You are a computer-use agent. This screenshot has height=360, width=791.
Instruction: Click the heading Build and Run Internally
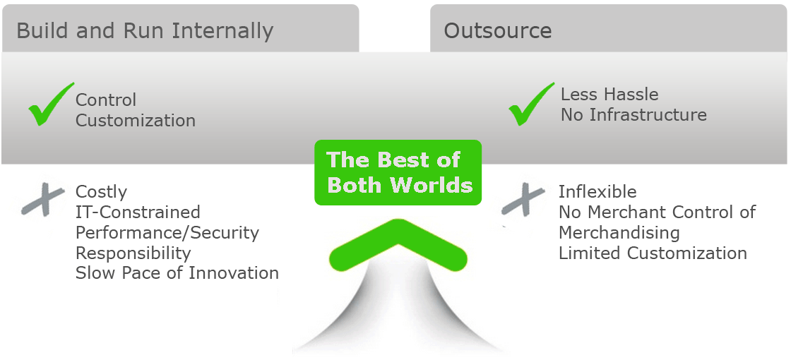(x=145, y=31)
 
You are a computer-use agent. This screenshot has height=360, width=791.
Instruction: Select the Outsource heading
(x=497, y=31)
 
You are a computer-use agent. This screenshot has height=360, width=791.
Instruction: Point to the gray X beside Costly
(x=43, y=200)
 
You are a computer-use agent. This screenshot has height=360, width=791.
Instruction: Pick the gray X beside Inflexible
(x=523, y=200)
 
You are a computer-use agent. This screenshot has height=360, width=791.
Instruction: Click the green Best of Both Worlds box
(x=398, y=172)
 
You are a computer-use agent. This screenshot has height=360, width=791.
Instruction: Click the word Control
(x=106, y=100)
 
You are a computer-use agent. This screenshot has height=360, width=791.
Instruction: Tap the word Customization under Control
(x=136, y=121)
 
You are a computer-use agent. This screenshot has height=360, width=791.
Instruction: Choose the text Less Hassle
(x=609, y=95)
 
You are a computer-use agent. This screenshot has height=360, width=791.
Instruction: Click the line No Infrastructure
(x=634, y=115)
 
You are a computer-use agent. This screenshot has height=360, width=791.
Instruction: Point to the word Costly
(x=102, y=192)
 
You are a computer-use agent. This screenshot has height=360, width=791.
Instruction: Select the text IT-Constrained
(x=138, y=212)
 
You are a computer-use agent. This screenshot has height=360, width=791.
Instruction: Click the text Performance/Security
(x=167, y=233)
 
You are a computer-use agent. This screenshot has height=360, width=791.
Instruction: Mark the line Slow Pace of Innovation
(x=177, y=273)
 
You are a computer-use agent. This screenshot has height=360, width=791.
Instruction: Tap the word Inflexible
(x=597, y=191)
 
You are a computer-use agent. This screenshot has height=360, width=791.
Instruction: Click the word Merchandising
(x=619, y=233)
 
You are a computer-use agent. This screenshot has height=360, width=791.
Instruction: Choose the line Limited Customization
(x=653, y=253)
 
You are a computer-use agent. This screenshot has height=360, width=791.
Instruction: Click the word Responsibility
(x=133, y=253)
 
